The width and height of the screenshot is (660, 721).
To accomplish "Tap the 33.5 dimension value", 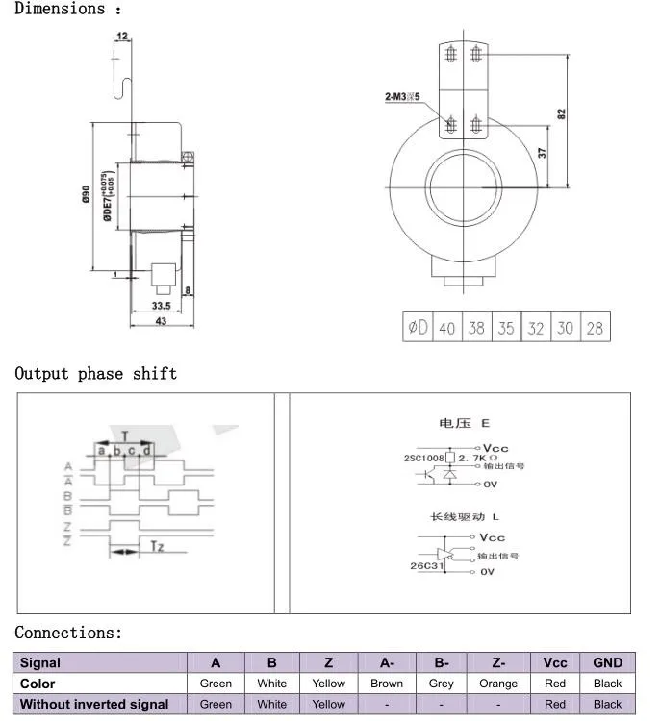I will [x=161, y=307].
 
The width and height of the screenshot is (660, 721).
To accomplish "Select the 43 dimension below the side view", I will [x=161, y=321].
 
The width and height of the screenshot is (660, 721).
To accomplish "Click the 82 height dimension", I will [x=561, y=112].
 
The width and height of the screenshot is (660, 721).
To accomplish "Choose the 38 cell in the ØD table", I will [x=476, y=328].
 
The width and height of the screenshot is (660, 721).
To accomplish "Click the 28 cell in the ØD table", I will [x=595, y=328].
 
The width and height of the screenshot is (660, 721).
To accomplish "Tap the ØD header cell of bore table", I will [x=417, y=328].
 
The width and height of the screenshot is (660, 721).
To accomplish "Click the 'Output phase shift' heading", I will [x=96, y=373].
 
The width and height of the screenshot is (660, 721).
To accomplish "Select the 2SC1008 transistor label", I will [x=423, y=459].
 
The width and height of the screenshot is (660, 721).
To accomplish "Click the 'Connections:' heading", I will [x=69, y=633].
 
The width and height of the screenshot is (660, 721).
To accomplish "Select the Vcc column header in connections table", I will [x=555, y=662].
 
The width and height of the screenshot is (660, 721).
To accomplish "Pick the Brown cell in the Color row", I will [x=387, y=684].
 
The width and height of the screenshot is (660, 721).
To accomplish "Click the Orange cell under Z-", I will [x=498, y=684].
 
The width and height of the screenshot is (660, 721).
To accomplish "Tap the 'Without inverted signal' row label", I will [x=94, y=704].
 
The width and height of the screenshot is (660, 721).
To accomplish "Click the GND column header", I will [x=607, y=662].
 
